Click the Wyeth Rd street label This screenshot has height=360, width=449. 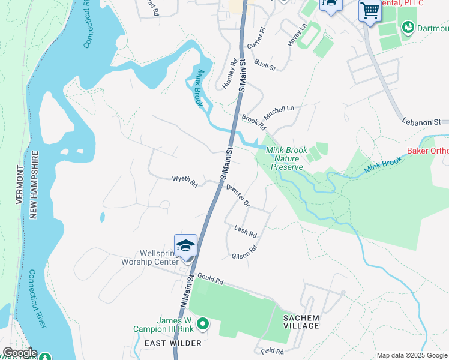185,180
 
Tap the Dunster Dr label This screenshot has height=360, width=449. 238,194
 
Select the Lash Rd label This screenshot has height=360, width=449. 246,231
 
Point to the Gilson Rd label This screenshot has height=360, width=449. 244,252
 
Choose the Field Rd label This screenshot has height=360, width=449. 271,350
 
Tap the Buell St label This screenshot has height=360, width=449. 265,65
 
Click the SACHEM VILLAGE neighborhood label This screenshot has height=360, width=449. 302,321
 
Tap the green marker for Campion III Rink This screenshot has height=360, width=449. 203,325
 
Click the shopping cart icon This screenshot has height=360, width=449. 369,10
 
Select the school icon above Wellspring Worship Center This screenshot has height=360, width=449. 186,246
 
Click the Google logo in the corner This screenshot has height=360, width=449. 19,353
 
